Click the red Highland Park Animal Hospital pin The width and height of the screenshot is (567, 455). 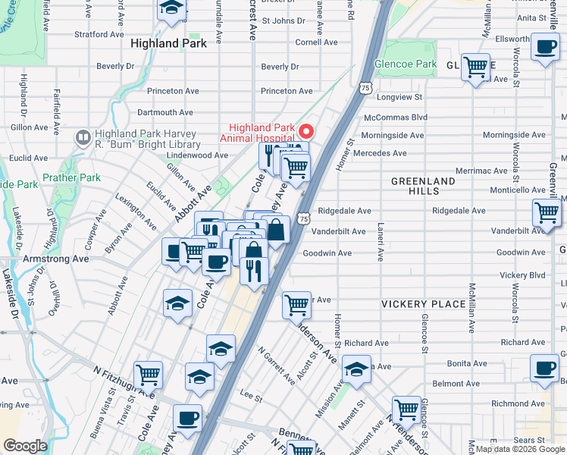point(306,130)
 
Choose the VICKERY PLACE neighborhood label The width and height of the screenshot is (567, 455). point(423,304)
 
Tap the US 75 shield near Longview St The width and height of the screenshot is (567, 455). point(365,89)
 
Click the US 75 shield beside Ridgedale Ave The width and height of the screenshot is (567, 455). point(303,218)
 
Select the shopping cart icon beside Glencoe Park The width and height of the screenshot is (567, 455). point(475,68)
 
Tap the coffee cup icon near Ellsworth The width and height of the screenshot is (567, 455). point(544,47)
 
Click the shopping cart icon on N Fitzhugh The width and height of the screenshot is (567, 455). point(149,374)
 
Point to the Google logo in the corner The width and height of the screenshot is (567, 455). point(25,446)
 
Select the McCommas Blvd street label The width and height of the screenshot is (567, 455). point(396,118)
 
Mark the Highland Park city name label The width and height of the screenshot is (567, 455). point(168,44)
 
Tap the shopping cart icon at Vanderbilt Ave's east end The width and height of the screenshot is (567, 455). point(547,213)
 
